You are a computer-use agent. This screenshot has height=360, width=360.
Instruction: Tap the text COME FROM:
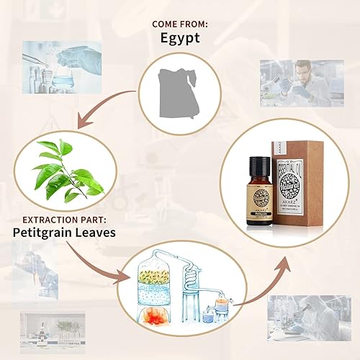pos(179,24)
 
